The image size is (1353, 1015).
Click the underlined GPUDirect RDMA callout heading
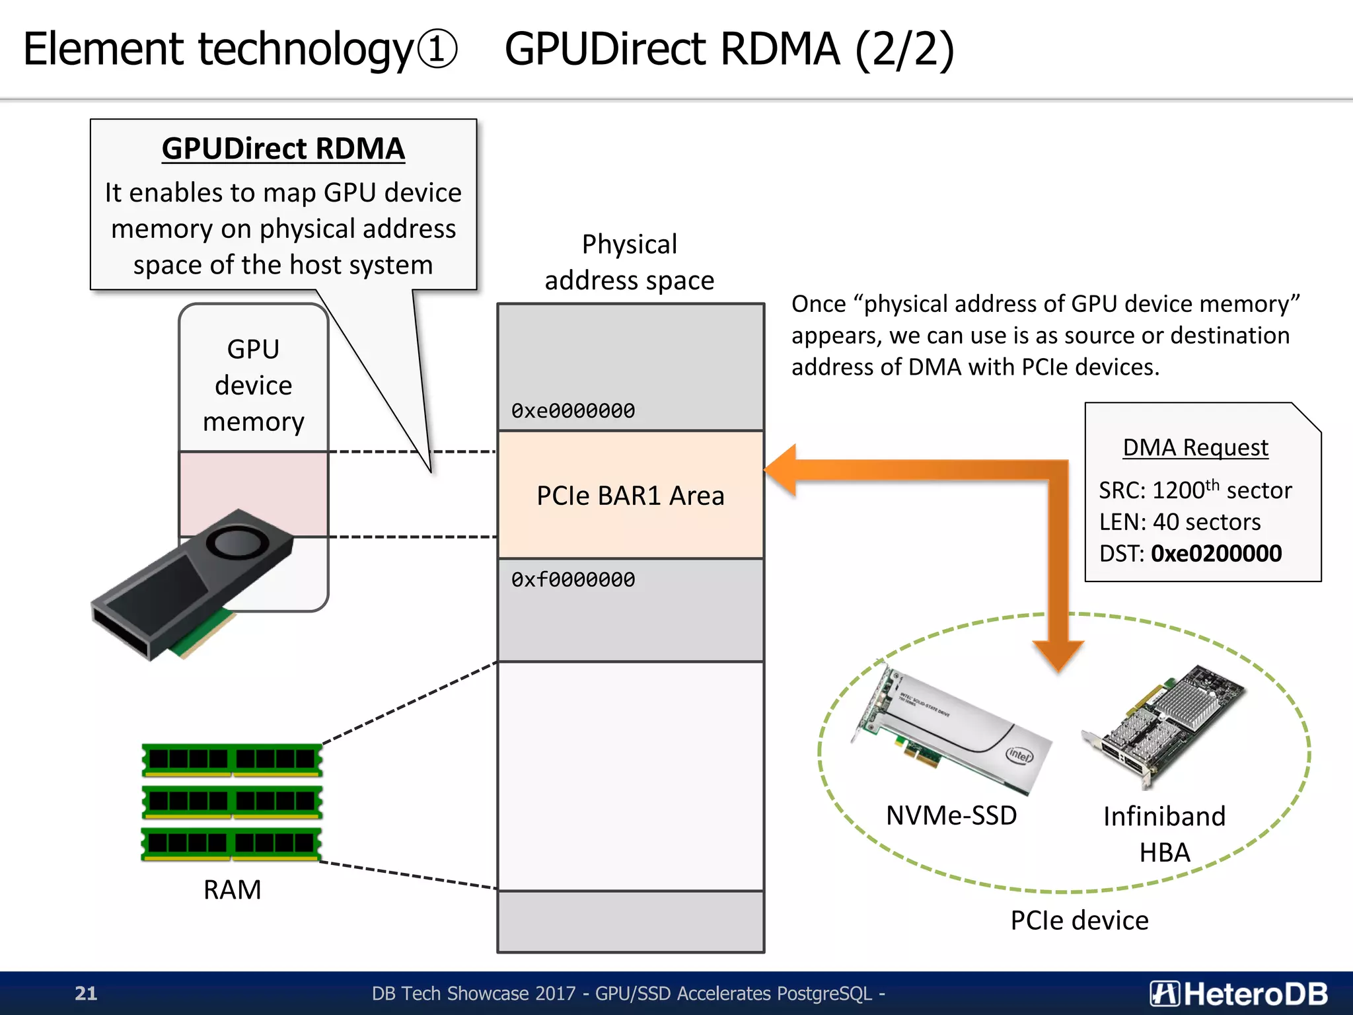click(283, 148)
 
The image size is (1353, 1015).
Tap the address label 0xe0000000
click(573, 410)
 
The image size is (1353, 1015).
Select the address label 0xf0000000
click(573, 580)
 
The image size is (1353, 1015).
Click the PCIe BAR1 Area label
click(630, 496)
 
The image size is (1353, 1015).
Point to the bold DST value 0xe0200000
click(1216, 553)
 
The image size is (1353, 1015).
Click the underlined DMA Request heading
click(1195, 447)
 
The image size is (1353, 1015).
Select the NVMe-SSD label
click(951, 815)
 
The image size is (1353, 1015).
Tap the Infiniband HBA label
click(1164, 834)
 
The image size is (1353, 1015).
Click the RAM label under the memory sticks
click(232, 889)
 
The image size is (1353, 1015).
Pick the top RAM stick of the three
click(232, 759)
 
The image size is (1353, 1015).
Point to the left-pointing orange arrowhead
click(782, 470)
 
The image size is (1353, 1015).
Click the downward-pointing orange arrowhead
click(1058, 654)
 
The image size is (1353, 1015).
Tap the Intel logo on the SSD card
click(1019, 755)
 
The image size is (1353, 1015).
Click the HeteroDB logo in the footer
click(1238, 993)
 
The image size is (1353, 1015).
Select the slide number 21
click(86, 993)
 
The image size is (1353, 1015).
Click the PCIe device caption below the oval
click(1079, 921)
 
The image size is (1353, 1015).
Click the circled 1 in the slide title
click(436, 50)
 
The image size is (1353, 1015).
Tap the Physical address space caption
click(629, 262)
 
